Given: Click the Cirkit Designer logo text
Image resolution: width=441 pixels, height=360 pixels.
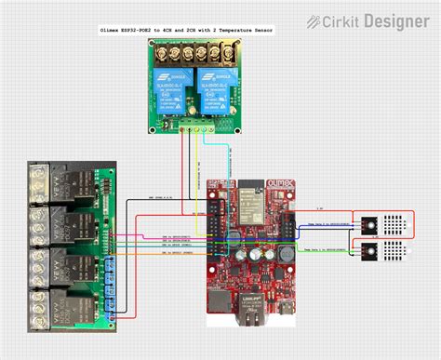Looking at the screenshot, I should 379,20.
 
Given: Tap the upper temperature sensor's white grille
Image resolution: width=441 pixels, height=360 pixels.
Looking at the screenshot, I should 396,223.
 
